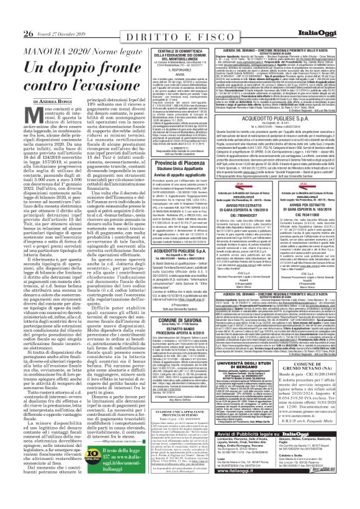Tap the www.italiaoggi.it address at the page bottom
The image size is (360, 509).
click(269, 494)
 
